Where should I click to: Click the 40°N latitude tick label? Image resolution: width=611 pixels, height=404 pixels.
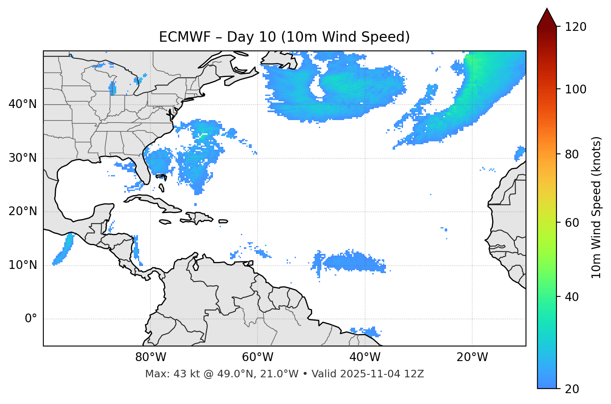pos(23,104)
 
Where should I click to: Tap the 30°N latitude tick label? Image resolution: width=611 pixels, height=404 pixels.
pos(23,158)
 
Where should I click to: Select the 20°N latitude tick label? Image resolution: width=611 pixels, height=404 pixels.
pos(23,211)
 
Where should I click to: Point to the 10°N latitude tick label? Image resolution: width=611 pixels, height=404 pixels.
pos(23,265)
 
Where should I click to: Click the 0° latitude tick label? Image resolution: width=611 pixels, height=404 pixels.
pos(30,319)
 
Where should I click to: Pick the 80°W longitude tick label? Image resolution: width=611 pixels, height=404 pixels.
pos(150,357)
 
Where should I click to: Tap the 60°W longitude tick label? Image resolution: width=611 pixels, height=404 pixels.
pos(258,357)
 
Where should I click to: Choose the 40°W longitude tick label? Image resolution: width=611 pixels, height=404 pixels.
pos(365,357)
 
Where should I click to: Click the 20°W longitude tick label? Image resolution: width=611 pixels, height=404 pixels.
pos(472,357)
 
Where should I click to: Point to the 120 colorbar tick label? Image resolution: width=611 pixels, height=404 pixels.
pos(575,27)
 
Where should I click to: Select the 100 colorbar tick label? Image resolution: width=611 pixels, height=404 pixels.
pos(575,89)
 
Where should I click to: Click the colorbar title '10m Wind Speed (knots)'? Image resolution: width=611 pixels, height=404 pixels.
pos(596,208)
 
